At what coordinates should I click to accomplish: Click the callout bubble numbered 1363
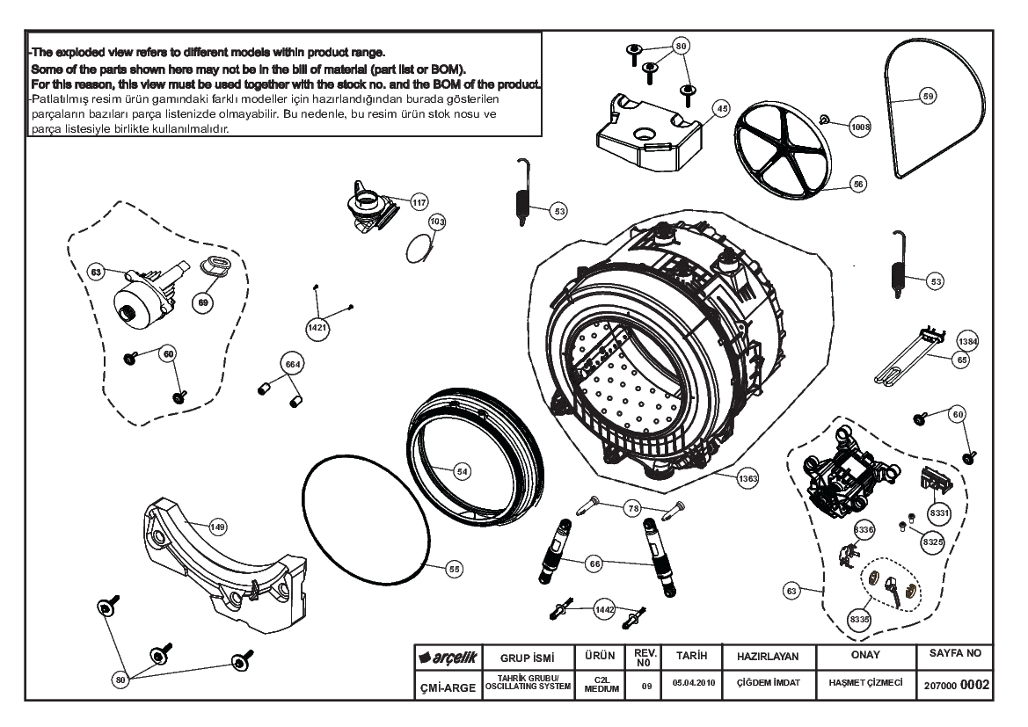pyautogui.click(x=748, y=478)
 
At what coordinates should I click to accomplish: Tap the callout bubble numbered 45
pyautogui.click(x=721, y=108)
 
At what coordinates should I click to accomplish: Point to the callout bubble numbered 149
pyautogui.click(x=217, y=527)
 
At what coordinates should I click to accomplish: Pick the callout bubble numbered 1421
pyautogui.click(x=317, y=328)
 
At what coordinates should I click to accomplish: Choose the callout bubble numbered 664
pyautogui.click(x=291, y=363)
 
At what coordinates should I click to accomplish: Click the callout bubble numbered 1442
pyautogui.click(x=603, y=607)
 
